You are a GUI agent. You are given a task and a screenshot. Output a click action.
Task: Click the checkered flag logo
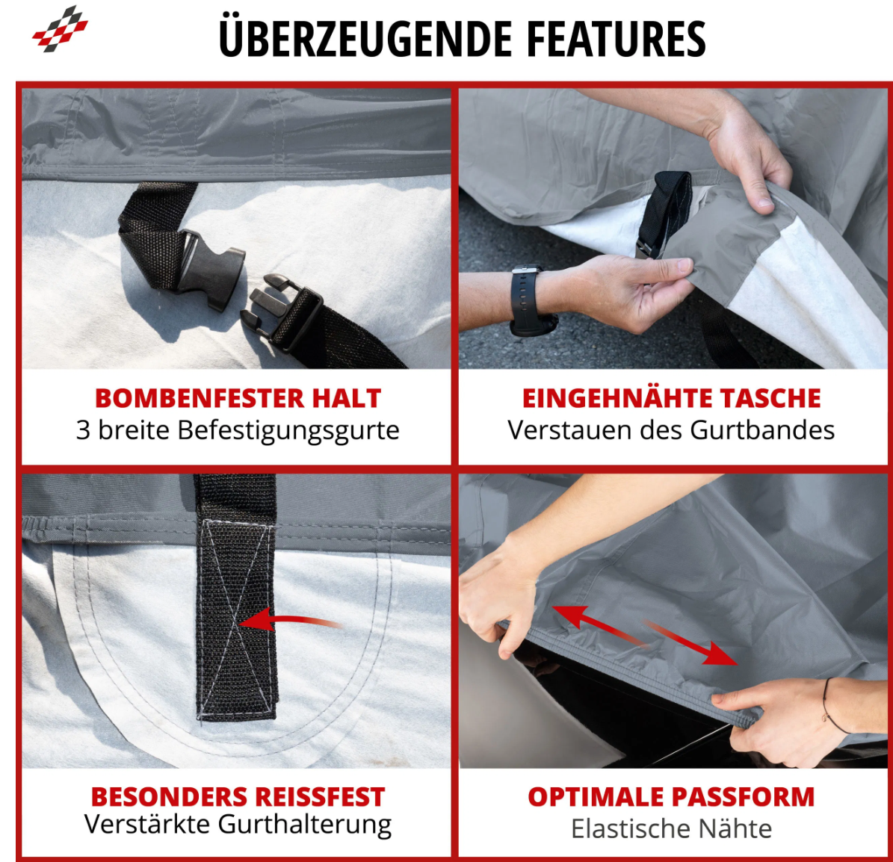tap(60, 28)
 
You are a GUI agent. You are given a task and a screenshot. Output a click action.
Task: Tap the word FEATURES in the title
tap(616, 39)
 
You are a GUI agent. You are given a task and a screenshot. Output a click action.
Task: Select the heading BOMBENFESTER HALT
tap(238, 398)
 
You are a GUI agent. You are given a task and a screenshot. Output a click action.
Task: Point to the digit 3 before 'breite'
tap(83, 430)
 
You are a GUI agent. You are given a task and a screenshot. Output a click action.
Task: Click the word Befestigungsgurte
tap(288, 431)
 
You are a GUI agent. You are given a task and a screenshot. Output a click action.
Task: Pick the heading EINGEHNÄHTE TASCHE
tap(672, 398)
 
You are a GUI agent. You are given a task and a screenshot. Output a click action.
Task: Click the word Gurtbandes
tap(762, 430)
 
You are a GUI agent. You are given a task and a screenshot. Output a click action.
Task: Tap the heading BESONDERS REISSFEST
tap(238, 796)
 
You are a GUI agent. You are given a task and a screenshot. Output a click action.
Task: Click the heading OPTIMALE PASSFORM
tap(671, 796)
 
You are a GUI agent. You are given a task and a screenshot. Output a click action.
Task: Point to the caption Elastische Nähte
tap(672, 828)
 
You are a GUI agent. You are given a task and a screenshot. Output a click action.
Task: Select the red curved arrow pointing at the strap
tap(291, 621)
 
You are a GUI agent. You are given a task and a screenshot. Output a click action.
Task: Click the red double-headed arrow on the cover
tap(645, 634)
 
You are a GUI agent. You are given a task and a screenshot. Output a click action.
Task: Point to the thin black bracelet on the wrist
tap(832, 706)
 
